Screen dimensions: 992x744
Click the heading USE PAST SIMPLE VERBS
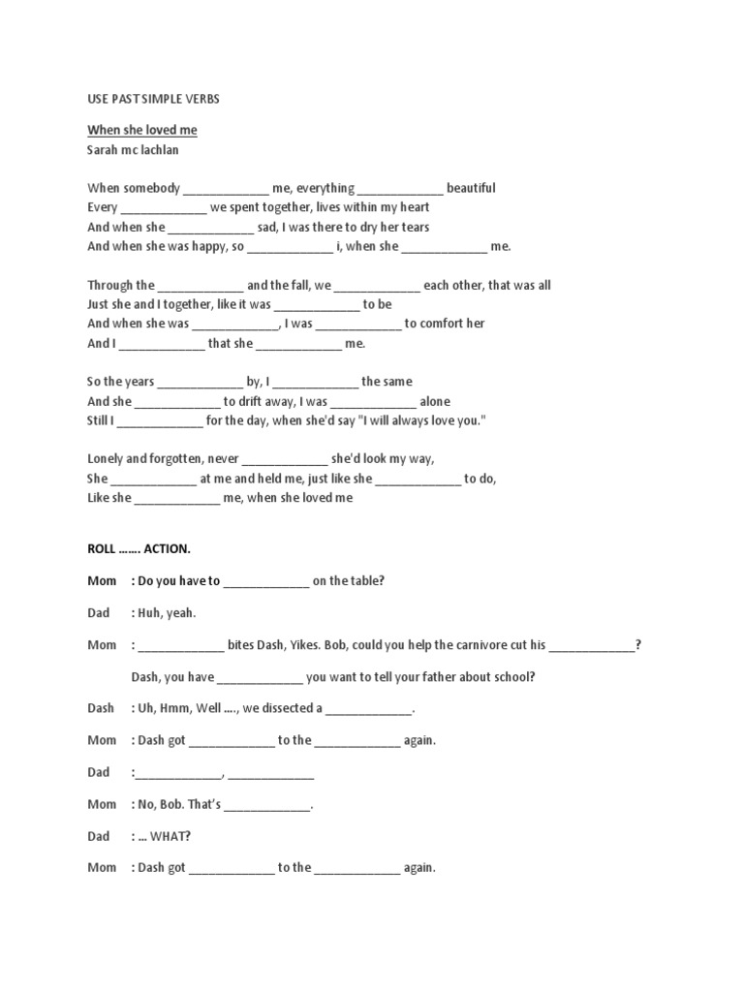153,99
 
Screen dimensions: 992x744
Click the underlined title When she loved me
142,130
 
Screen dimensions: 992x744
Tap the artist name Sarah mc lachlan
133,150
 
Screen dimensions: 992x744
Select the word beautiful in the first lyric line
471,188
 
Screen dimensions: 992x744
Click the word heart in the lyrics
413,207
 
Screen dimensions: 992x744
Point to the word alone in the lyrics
435,401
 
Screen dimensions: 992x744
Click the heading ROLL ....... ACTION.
139,549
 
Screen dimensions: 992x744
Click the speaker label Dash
102,708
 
